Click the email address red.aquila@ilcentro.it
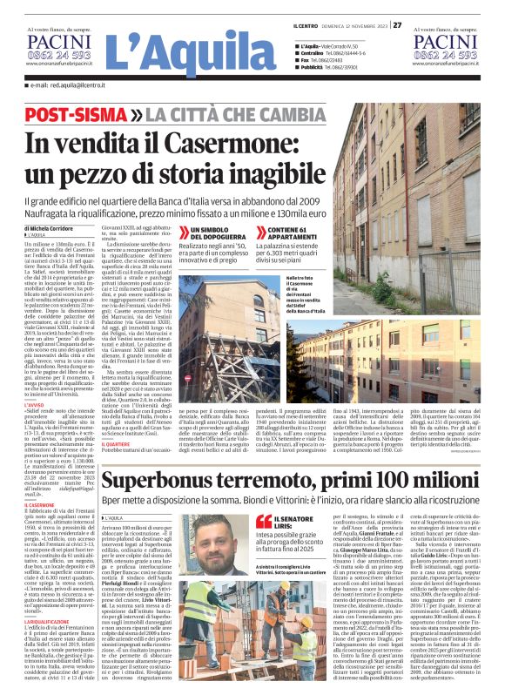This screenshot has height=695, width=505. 66,85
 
